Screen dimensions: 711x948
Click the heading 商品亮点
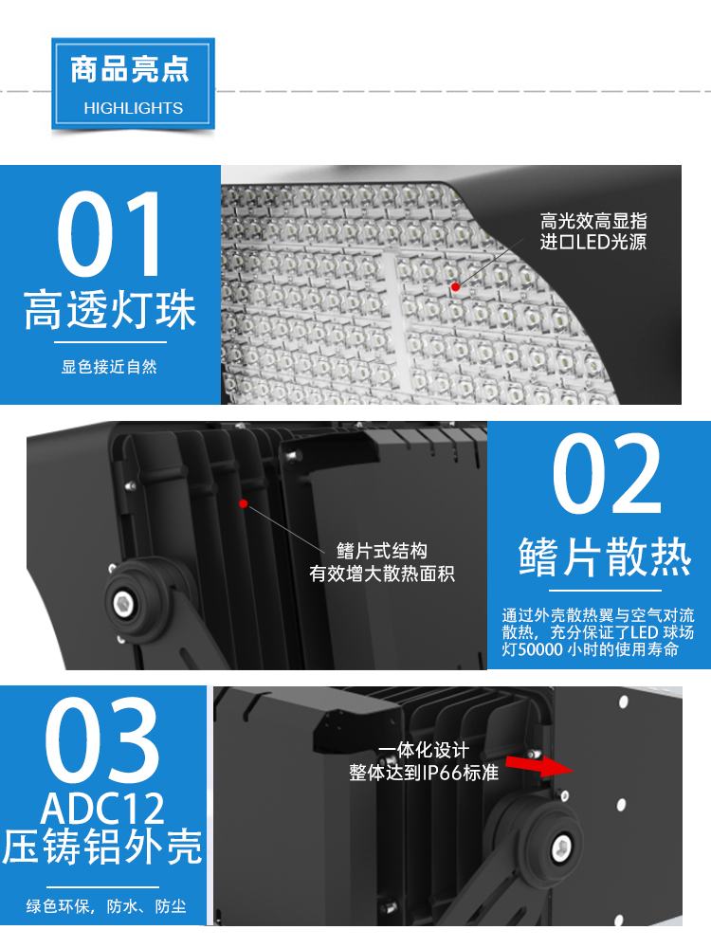[130, 69]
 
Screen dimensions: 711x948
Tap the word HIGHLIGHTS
[133, 108]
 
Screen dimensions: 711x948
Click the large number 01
[110, 234]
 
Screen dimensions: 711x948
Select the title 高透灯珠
[110, 310]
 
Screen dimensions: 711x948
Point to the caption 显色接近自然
[109, 366]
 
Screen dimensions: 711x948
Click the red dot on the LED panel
[455, 286]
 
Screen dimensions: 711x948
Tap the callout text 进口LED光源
[593, 242]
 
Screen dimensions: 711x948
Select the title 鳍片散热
[605, 556]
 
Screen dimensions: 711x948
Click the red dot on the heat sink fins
[243, 503]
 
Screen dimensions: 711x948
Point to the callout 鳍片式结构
[382, 551]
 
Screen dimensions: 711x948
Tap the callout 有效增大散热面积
[382, 574]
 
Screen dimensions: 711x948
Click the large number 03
[102, 739]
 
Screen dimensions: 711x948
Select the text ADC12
[102, 809]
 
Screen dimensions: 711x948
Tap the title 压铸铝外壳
[102, 847]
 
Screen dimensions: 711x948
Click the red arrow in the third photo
[538, 765]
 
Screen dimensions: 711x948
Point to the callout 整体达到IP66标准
[424, 772]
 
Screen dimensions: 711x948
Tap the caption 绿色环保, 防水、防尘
[106, 906]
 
